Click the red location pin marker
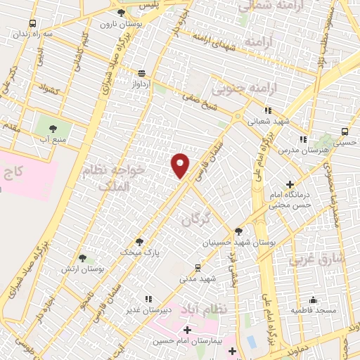click(181, 164)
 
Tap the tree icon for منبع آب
click(53, 129)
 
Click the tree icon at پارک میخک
click(139, 240)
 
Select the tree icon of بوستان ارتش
click(83, 259)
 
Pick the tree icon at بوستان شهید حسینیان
click(238, 231)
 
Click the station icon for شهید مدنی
click(198, 267)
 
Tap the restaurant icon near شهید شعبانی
click(268, 110)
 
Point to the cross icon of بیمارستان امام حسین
click(187, 330)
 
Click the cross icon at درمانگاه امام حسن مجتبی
click(290, 184)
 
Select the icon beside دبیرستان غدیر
click(147, 299)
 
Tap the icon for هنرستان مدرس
click(302, 140)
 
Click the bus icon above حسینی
click(344, 131)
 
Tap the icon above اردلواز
click(143, 73)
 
